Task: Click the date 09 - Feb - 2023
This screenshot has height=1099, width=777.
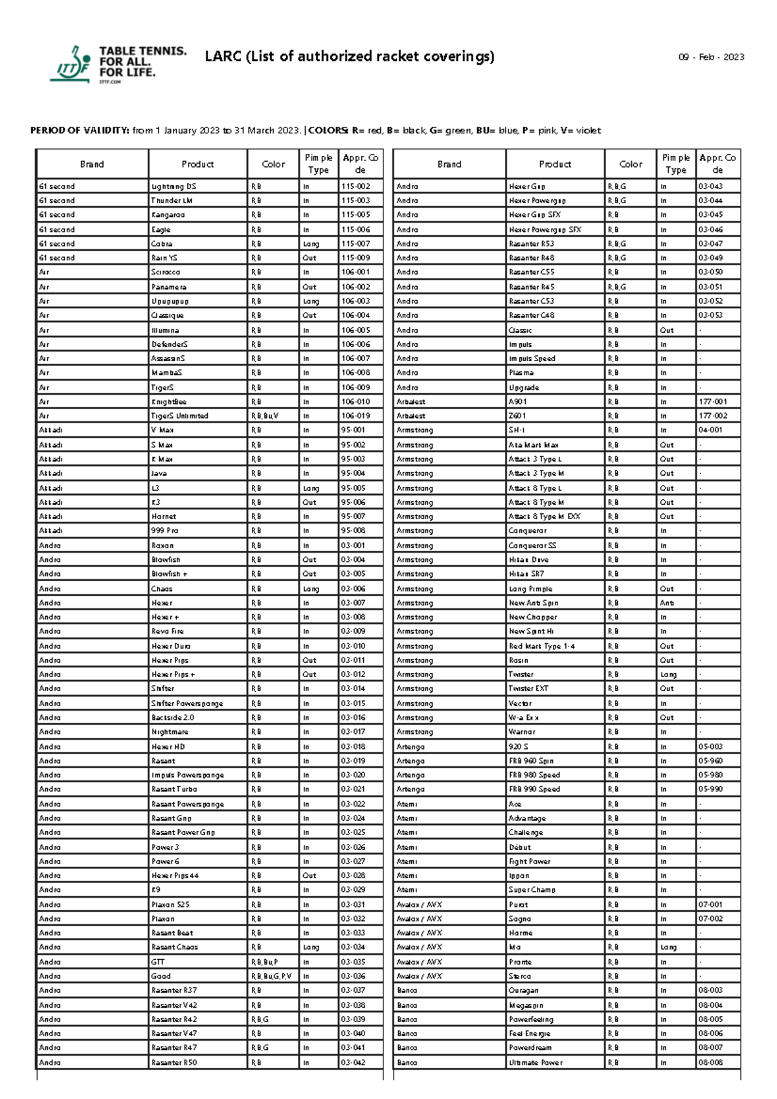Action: (x=711, y=57)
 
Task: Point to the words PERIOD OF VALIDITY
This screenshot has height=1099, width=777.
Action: (x=80, y=131)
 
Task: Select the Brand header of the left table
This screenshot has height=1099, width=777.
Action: (x=92, y=164)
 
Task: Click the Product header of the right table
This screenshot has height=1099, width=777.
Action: (x=555, y=164)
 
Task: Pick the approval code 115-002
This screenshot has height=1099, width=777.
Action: (x=355, y=186)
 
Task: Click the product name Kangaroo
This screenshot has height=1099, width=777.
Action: (x=168, y=215)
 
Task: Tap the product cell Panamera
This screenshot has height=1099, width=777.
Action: (x=169, y=287)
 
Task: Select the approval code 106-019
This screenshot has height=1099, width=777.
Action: (x=355, y=416)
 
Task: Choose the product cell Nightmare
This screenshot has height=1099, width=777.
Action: (x=170, y=732)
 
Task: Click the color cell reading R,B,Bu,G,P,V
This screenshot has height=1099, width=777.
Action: (x=271, y=976)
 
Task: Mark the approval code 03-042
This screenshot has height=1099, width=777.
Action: (x=353, y=1062)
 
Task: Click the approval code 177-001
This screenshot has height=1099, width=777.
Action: (x=712, y=402)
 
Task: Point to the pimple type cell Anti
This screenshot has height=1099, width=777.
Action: (x=667, y=603)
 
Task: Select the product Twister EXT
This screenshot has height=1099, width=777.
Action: (x=528, y=689)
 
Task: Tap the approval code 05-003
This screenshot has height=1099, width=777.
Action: (x=710, y=746)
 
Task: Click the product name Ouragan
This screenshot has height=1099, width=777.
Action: (x=523, y=990)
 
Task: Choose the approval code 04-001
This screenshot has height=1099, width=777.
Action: (x=710, y=430)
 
